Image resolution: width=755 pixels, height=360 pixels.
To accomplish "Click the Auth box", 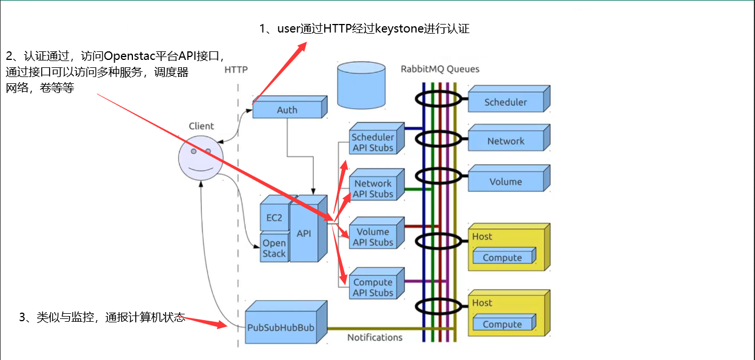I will [287, 110].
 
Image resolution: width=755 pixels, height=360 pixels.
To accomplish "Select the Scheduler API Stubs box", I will [373, 143].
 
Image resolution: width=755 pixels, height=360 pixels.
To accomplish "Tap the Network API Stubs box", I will [373, 189].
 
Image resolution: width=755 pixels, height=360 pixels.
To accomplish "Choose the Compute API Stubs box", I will [373, 288].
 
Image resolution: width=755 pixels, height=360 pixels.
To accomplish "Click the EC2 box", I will [274, 218].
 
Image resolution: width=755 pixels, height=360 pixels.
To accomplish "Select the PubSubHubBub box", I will [281, 328].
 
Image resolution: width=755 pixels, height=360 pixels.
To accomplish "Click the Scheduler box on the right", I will [506, 103].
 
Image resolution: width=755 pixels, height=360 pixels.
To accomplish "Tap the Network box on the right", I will [506, 141].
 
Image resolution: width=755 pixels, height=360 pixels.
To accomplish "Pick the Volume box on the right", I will [506, 182].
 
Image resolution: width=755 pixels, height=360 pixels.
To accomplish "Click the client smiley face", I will [200, 158].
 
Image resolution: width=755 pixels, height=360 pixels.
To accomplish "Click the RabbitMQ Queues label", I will [440, 69].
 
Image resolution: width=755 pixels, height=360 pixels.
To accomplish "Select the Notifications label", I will [375, 337].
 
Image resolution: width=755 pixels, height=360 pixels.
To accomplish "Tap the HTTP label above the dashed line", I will [236, 70].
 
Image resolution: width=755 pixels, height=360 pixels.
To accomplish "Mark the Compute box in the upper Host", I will [502, 258].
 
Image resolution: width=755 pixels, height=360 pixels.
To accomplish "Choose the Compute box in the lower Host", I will [502, 325].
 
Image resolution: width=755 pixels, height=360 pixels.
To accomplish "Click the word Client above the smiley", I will [201, 126].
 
